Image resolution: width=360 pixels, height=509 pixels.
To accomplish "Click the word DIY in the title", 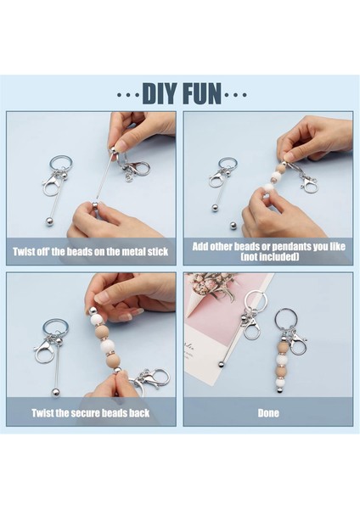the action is click(160, 94).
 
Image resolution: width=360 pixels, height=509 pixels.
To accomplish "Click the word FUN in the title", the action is click(202, 94).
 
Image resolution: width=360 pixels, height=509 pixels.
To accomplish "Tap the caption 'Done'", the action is click(268, 413).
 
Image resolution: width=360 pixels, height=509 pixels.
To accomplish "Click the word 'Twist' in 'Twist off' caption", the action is click(23, 252).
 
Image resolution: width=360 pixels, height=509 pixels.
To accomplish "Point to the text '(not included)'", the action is click(270, 257).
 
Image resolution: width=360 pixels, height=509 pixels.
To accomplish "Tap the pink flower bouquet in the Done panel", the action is click(212, 285).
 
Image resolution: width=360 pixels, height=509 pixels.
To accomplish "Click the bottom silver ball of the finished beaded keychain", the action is click(279, 390).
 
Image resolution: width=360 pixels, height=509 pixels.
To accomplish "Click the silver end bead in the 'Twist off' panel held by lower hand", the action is click(94, 205).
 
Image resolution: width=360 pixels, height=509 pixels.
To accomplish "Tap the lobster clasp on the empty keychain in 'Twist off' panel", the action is click(52, 185).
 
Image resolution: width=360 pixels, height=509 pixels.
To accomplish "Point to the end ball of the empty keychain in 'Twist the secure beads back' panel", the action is click(55, 393).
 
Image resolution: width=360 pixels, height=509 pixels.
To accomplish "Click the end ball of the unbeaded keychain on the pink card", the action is click(222, 364).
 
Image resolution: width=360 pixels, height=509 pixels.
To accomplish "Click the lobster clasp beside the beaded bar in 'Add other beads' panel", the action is click(309, 182).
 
